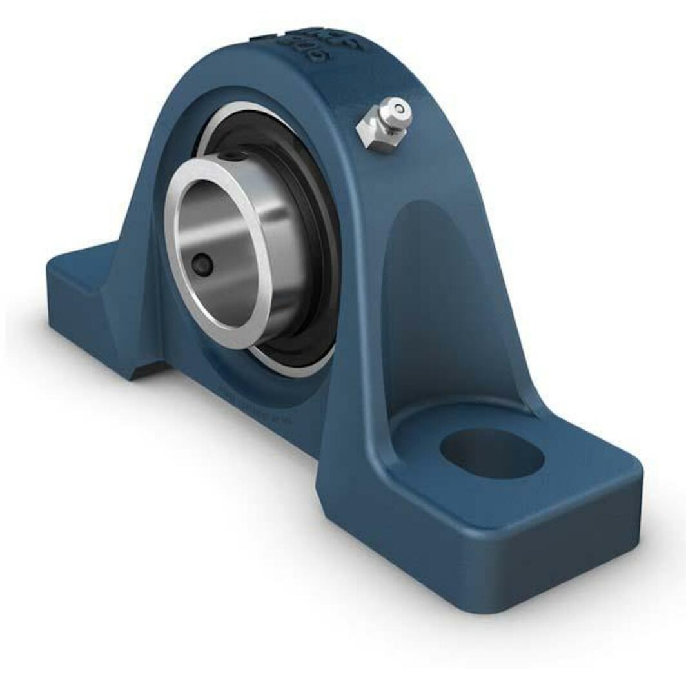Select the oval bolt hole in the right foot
tap(491, 453)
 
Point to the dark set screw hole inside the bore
tap(202, 264)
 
